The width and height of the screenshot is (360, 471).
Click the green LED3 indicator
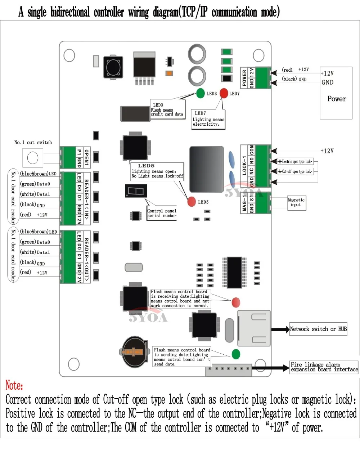click(201, 93)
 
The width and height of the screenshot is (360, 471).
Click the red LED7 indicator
click(224, 93)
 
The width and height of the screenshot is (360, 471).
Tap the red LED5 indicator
click(192, 202)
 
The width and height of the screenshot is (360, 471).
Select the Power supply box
click(336, 93)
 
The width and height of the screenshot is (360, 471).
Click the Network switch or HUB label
click(318, 329)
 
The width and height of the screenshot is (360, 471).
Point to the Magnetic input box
click(296, 202)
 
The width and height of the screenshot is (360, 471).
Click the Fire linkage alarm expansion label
click(324, 367)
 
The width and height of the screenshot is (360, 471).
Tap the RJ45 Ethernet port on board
click(254, 328)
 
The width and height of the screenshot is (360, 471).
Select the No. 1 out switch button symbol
click(33, 157)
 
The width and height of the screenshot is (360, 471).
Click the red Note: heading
click(14, 385)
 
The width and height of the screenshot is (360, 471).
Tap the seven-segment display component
click(136, 191)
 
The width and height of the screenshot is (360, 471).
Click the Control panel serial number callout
click(162, 213)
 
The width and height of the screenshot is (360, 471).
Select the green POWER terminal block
click(263, 78)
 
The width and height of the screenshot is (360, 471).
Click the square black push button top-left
click(113, 67)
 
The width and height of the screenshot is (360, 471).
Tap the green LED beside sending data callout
click(236, 354)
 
